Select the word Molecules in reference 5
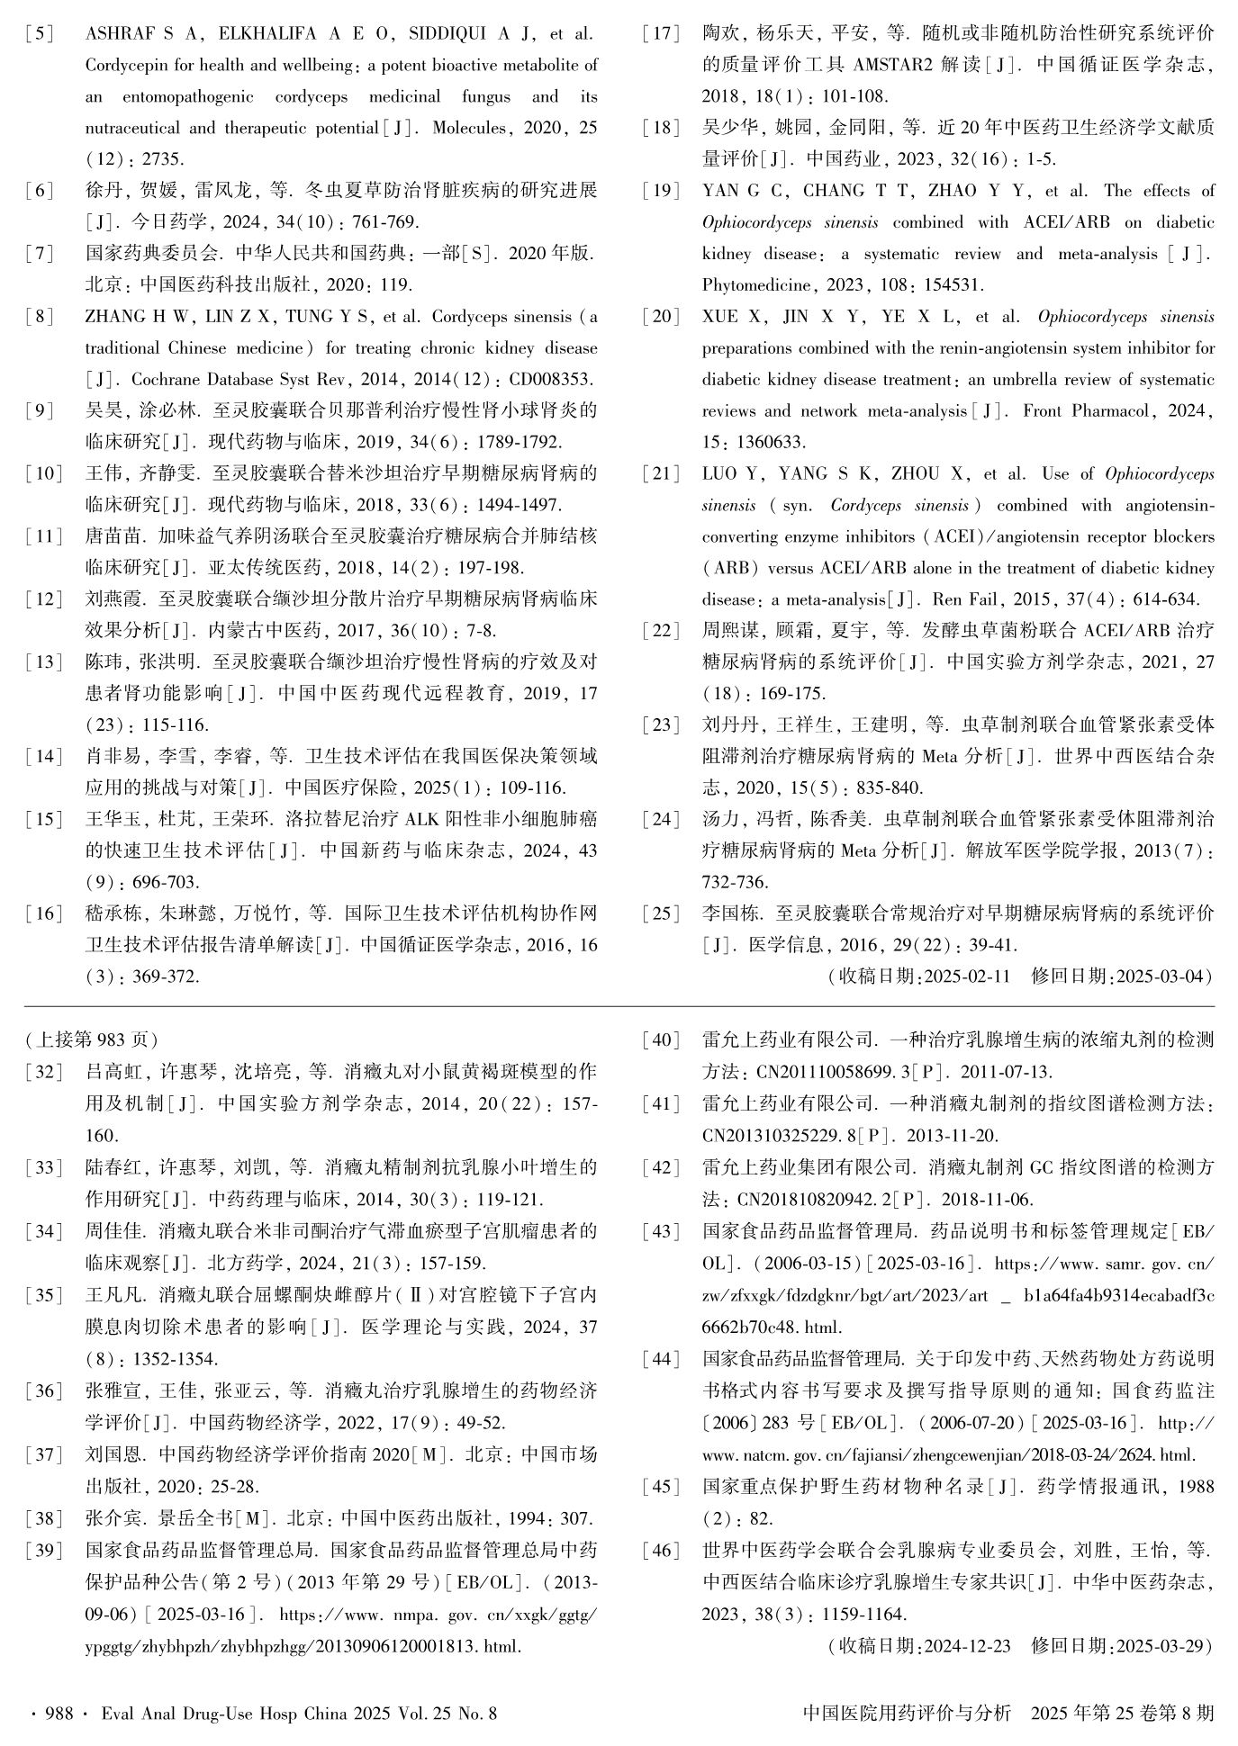click(x=468, y=128)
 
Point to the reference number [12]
click(x=43, y=599)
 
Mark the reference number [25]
click(x=661, y=913)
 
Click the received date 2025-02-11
click(x=966, y=976)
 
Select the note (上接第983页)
click(x=92, y=1040)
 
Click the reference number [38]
click(x=43, y=1519)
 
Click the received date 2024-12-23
click(x=966, y=1647)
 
